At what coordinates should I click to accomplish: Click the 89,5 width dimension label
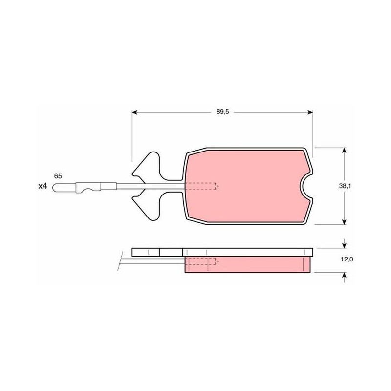[222, 112]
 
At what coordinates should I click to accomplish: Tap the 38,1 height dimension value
[345, 186]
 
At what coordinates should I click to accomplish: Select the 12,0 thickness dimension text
[347, 260]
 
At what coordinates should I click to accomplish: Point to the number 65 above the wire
[58, 176]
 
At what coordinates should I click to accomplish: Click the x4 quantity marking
[43, 186]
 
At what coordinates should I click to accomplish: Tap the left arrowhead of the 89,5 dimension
[135, 112]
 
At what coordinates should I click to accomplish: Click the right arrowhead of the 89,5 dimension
[310, 112]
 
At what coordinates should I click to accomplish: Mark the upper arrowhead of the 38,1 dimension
[344, 150]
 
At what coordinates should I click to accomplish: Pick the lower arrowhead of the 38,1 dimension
[344, 222]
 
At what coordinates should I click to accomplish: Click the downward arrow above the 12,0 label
[344, 243]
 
